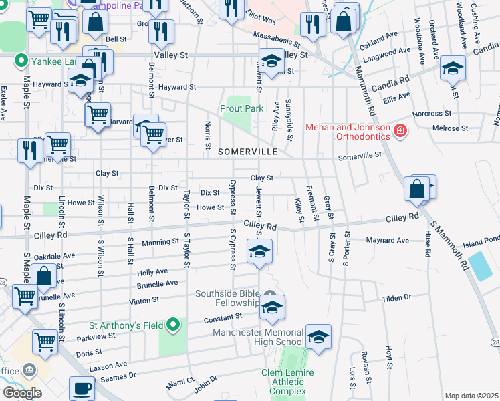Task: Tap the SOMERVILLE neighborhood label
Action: click(248, 152)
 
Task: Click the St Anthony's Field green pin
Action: click(173, 325)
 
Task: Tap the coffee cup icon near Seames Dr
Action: click(82, 388)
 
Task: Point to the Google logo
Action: click(22, 393)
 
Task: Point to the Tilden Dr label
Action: click(396, 298)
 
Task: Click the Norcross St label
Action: click(431, 113)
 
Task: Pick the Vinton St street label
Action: click(144, 301)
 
